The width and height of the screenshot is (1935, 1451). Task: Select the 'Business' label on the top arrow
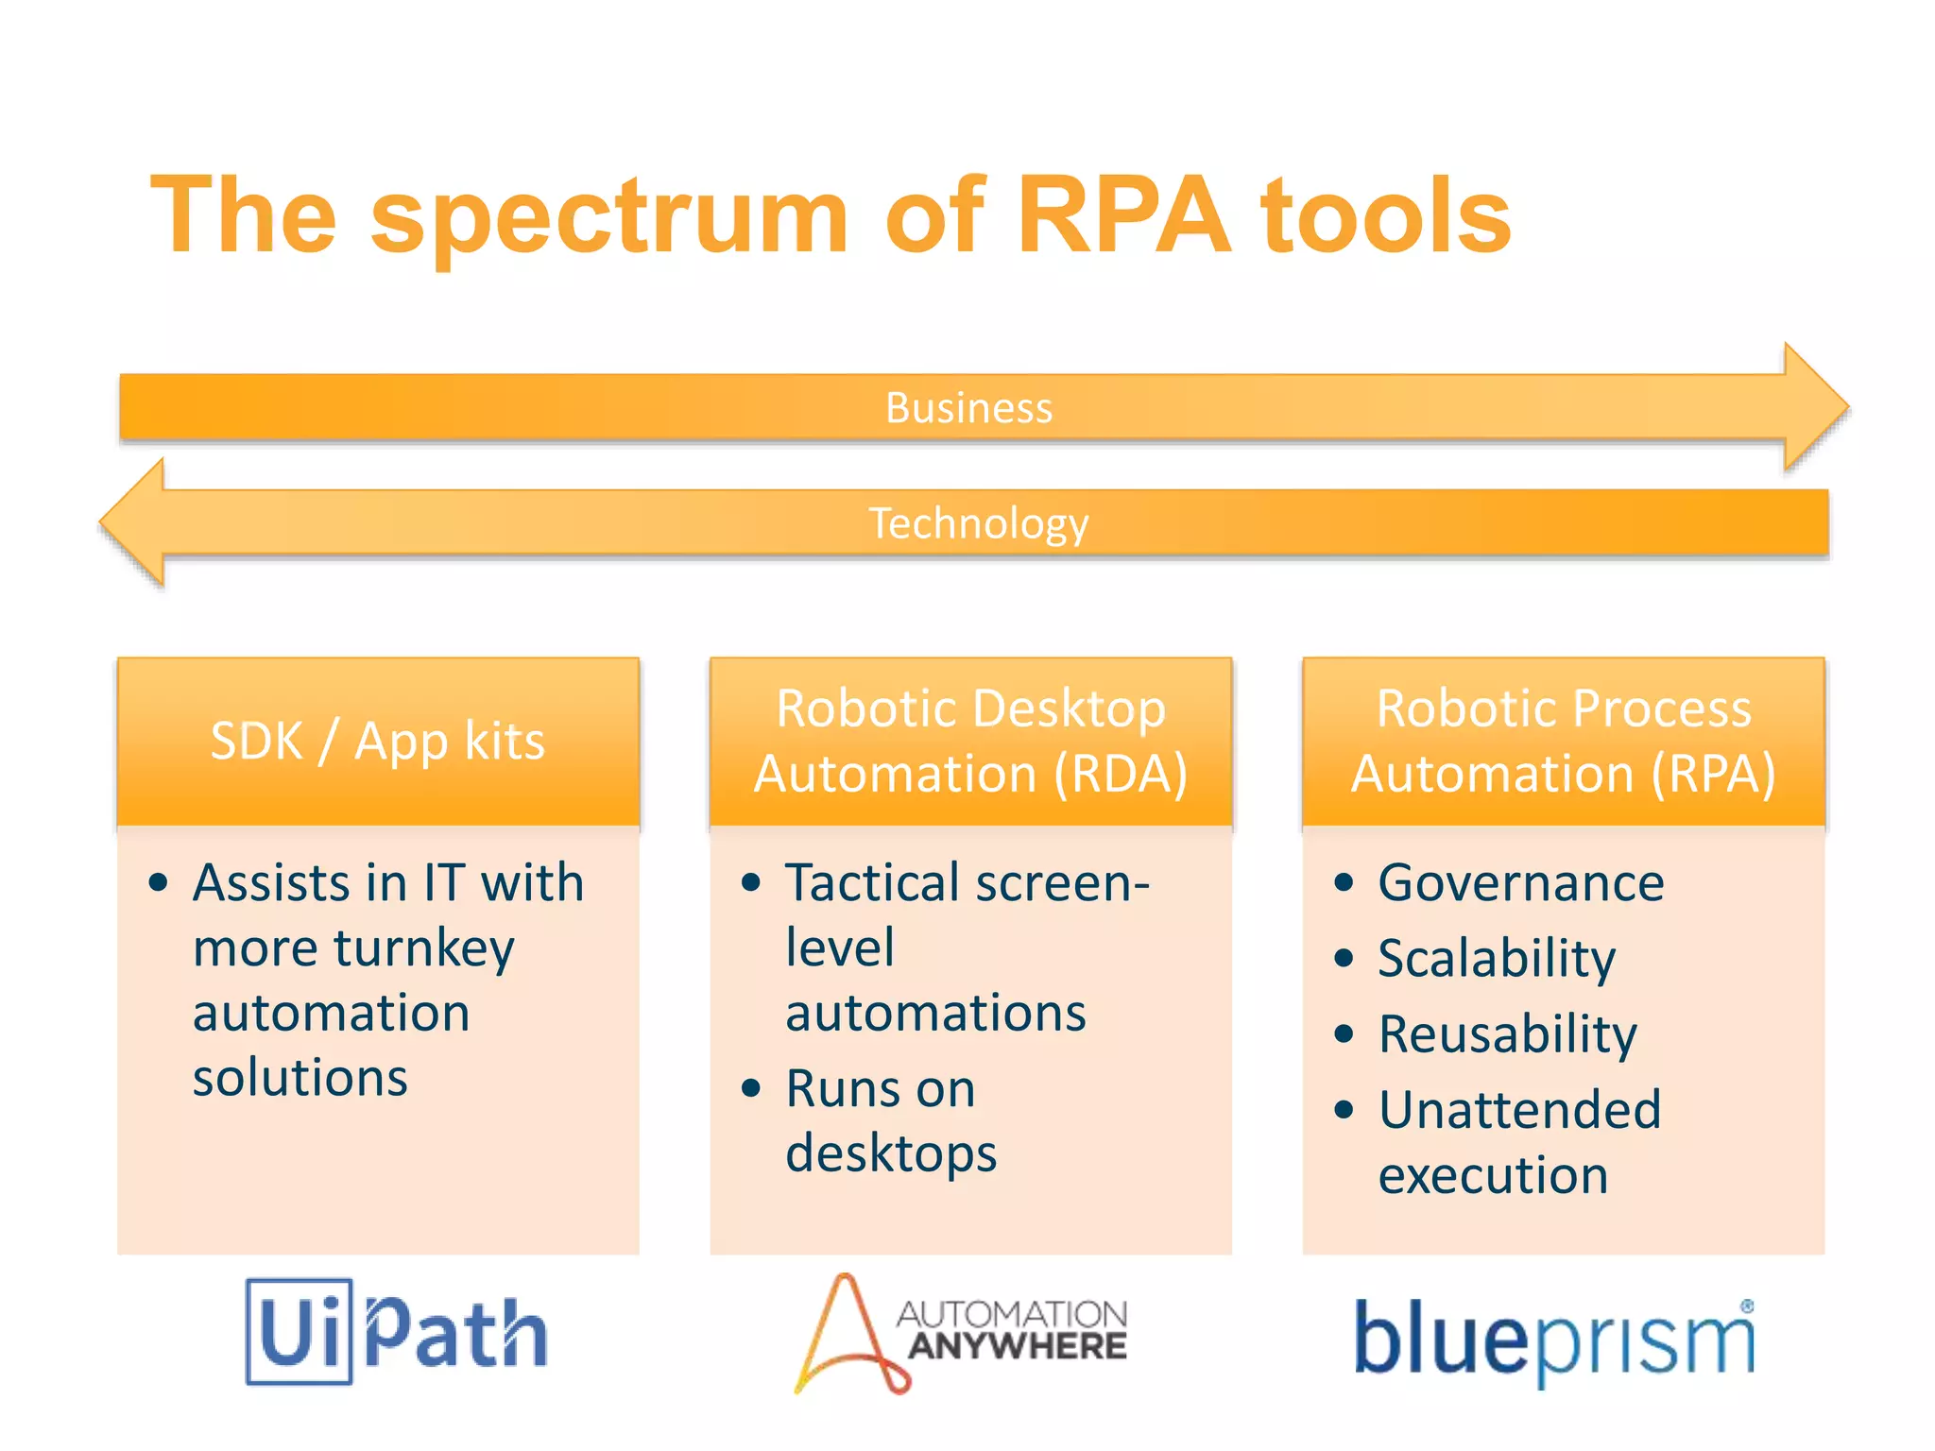[968, 408]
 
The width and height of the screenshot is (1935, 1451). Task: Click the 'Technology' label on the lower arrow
[978, 523]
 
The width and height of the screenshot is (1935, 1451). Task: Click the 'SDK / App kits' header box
[378, 742]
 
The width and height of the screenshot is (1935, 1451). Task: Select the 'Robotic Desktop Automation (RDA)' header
[970, 742]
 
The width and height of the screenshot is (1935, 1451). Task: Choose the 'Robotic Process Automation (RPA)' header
[1563, 742]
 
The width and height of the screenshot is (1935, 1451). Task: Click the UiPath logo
[397, 1331]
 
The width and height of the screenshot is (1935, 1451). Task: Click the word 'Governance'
[1520, 883]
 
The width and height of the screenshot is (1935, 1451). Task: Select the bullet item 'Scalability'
[1497, 959]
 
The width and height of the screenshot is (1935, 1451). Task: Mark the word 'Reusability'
[1507, 1034]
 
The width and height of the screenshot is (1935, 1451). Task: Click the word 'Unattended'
[1519, 1110]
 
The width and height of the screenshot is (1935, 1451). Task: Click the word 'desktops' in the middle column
[891, 1154]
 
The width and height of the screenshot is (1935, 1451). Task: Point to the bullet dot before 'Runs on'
[751, 1089]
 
